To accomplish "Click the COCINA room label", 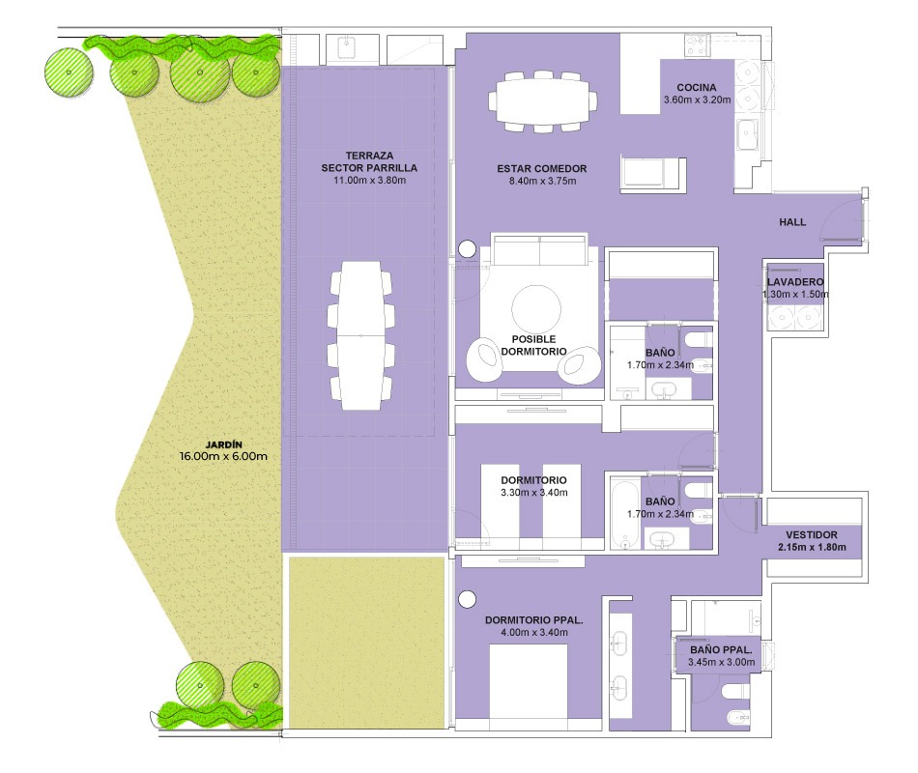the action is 696,87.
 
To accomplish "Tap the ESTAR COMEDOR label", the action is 541,169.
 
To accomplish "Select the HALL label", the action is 792,222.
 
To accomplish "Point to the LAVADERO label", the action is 795,282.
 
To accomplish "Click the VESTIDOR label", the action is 812,534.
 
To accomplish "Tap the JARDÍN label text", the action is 223,444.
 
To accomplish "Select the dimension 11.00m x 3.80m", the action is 369,181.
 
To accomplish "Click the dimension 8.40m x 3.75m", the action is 542,181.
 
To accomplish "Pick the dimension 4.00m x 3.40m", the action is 534,633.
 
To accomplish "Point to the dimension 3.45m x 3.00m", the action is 721,662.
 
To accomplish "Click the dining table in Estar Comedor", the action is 543,101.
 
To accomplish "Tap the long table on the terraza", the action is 360,335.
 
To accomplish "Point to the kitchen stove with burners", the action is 698,45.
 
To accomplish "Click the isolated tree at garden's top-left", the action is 69,72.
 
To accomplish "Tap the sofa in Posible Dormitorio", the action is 539,249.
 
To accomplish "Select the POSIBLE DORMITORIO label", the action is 533,345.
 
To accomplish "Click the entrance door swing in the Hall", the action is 840,216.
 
